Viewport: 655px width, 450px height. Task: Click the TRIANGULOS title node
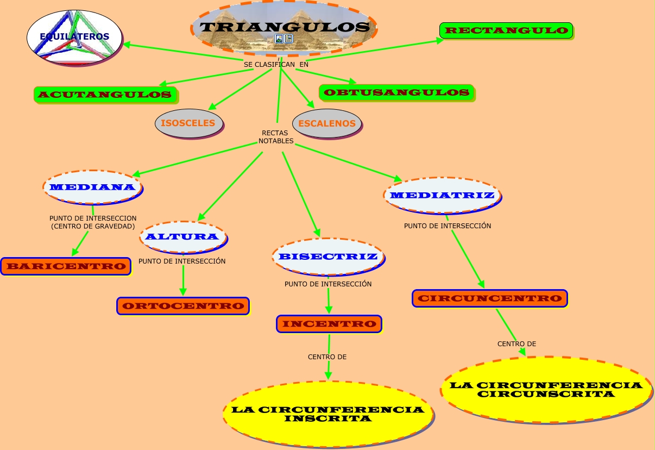(284, 28)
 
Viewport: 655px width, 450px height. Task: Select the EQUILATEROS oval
(74, 37)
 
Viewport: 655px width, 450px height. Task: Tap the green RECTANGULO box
(506, 30)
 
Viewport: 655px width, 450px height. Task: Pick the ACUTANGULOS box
(105, 95)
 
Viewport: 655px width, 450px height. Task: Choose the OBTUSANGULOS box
(396, 93)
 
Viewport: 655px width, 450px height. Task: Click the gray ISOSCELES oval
(189, 123)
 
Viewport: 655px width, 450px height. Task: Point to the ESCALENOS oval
(327, 123)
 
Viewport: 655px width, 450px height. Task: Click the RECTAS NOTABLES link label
(276, 137)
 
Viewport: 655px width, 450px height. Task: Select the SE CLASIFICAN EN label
(276, 64)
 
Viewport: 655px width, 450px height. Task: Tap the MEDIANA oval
(93, 187)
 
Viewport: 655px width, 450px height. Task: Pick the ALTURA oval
(184, 237)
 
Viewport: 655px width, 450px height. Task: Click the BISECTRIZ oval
(329, 257)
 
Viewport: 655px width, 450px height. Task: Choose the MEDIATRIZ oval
(443, 195)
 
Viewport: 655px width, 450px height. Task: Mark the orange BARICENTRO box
(66, 266)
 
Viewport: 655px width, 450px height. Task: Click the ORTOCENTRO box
(183, 306)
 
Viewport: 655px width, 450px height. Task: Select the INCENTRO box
(329, 324)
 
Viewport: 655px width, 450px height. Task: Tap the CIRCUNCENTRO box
(490, 298)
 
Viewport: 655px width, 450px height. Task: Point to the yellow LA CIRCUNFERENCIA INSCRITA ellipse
(328, 414)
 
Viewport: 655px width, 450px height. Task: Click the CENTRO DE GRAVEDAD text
(93, 226)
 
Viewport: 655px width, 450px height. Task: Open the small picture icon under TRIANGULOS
(279, 39)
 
